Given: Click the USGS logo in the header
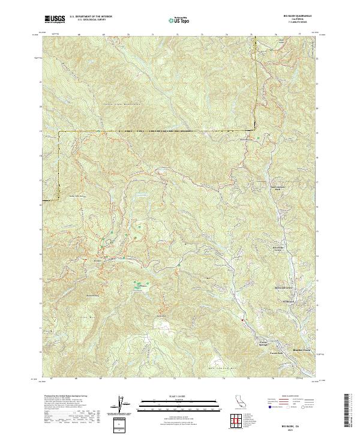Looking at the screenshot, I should point(55,19).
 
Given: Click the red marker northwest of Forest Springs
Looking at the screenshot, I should point(242,320).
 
